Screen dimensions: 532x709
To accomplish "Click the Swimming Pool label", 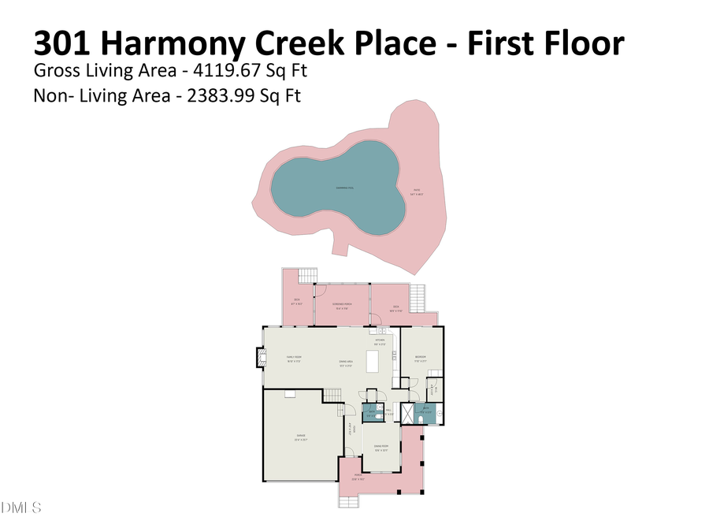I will pos(343,188).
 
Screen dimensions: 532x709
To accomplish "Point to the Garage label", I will pos(301,437).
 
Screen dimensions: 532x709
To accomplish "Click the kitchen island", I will pos(384,361).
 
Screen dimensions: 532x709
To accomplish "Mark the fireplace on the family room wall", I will pos(258,358).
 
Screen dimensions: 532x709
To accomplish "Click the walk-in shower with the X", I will pos(406,414).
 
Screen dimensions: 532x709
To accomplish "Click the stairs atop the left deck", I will pos(307,275).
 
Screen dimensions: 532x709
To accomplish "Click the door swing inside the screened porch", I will pos(321,291).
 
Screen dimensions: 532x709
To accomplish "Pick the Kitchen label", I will pos(380,341).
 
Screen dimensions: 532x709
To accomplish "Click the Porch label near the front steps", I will pos(358,476).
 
